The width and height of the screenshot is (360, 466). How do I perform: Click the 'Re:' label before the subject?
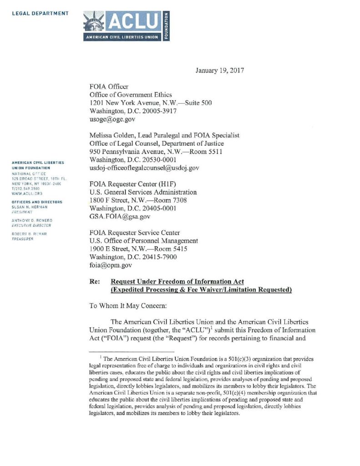tap(95, 282)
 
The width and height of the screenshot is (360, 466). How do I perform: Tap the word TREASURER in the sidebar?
tap(23, 238)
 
